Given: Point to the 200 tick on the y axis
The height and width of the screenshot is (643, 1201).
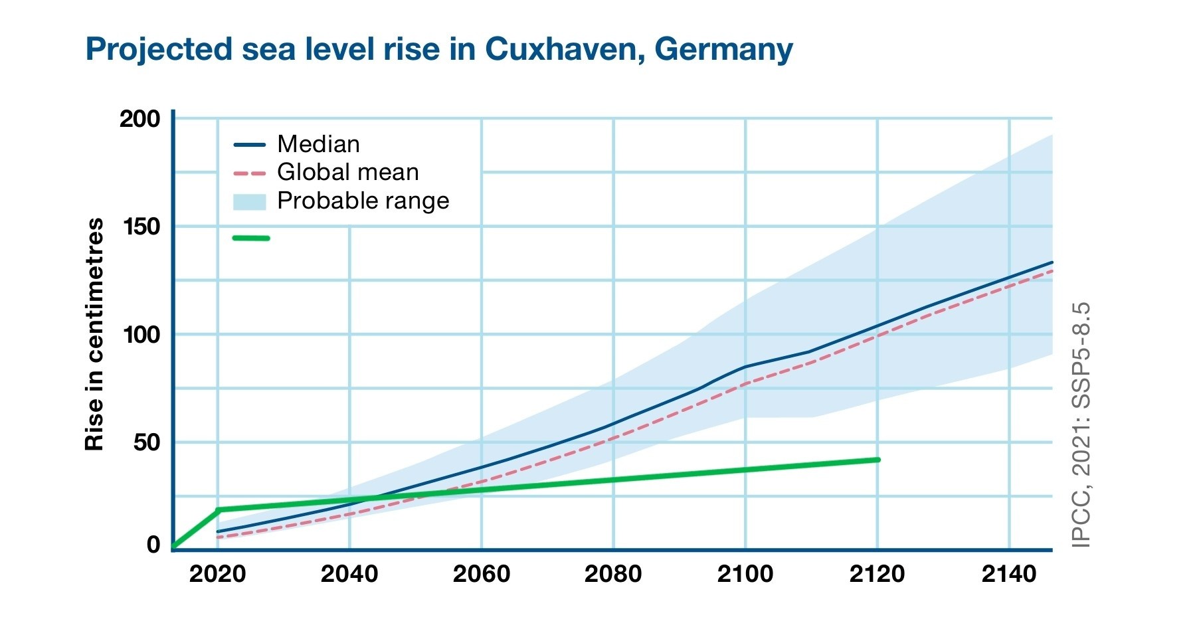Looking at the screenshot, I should point(139,119).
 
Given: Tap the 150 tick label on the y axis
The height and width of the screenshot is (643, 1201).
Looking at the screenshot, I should point(141,227).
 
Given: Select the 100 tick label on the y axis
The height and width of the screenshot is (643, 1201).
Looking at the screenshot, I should point(141,334).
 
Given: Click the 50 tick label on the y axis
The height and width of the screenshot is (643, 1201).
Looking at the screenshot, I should point(146,442).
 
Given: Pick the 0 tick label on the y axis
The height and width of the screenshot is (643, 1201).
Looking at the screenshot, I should point(153,545).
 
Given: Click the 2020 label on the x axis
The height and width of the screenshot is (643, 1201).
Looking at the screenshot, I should point(217,574).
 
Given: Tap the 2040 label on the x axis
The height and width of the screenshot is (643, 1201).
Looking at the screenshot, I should point(349,574).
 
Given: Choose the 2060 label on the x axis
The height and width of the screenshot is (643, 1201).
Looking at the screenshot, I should point(481,574).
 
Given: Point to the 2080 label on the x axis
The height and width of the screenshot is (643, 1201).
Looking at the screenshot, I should point(613,574).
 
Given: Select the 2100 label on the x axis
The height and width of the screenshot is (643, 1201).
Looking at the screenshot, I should point(745,574).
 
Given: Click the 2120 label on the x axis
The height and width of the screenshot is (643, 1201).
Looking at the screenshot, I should point(877,574).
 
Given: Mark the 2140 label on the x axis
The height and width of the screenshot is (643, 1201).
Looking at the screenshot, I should point(1009,574).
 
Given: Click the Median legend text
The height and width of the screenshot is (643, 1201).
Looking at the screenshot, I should point(318,144).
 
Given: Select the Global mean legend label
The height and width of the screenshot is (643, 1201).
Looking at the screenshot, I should point(347,172).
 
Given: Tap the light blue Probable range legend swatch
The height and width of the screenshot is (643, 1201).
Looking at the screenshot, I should point(249,201).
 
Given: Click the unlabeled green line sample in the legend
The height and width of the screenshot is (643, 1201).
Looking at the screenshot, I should point(251,238).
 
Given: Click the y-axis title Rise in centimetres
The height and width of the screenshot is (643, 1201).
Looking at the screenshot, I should point(95,334).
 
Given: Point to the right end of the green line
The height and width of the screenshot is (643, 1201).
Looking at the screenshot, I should point(878,460).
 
